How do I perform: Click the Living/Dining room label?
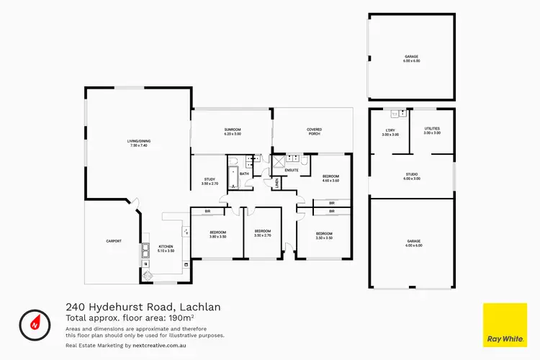click(x=138, y=143)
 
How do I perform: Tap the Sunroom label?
click(x=232, y=132)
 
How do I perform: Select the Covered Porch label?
click(x=314, y=132)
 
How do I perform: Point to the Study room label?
click(x=210, y=181)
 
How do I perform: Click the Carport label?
click(x=113, y=240)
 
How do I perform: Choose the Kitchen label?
click(x=166, y=248)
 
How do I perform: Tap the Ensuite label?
click(x=292, y=171)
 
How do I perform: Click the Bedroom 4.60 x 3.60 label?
click(x=330, y=179)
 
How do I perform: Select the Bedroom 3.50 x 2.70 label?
click(x=262, y=233)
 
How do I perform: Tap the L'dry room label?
click(x=390, y=132)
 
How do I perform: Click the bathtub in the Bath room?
click(x=233, y=176)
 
